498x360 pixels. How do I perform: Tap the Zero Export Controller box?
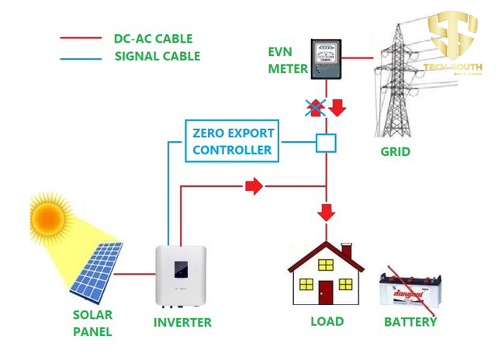click(233, 140)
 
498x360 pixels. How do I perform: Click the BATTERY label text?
click(410, 321)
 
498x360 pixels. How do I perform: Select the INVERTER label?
click(182, 322)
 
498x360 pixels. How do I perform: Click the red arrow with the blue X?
click(316, 107)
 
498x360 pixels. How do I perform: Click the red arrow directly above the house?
click(326, 211)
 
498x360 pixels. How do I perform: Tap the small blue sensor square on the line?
click(325, 143)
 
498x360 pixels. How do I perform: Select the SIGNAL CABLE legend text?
click(157, 56)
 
